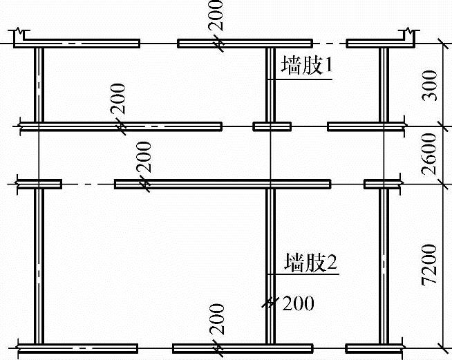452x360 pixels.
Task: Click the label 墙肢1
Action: pyautogui.click(x=308, y=67)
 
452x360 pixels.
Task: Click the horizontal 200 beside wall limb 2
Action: pyautogui.click(x=298, y=302)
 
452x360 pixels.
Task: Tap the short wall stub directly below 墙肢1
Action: pyautogui.click(x=272, y=126)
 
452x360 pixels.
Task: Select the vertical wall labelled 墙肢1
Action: pyautogui.click(x=271, y=86)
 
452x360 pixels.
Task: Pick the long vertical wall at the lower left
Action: pyautogui.click(x=39, y=266)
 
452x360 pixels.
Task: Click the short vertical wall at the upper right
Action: pyautogui.click(x=384, y=86)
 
